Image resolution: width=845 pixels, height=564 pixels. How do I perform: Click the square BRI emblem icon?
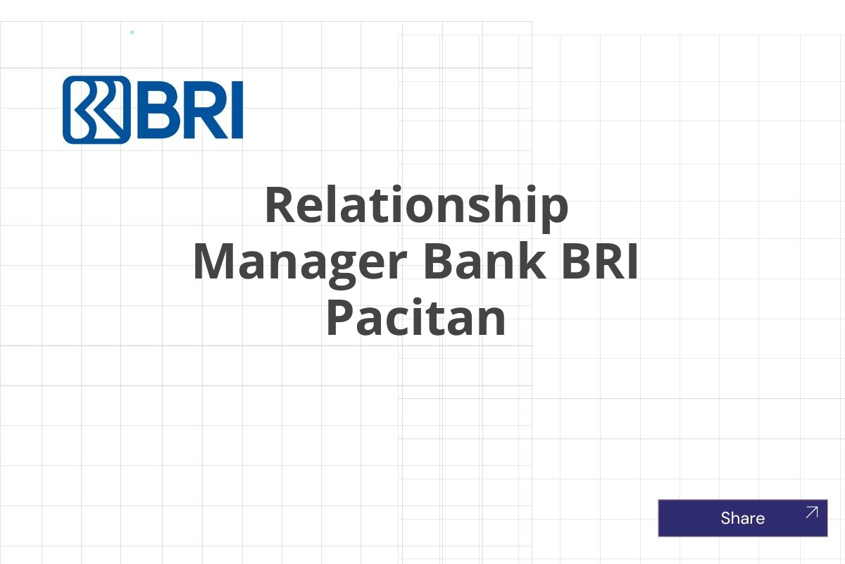96,110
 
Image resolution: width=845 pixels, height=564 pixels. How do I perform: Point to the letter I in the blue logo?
237,110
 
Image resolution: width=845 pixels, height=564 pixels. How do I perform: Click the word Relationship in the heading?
416,206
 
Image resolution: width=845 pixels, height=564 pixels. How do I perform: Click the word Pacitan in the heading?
416,319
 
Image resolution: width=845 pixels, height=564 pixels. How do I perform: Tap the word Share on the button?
742,518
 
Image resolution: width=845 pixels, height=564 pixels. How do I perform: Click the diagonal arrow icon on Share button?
811,513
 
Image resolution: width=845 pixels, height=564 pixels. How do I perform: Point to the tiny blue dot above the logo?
132,32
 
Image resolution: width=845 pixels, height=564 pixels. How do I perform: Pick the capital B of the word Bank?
438,262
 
